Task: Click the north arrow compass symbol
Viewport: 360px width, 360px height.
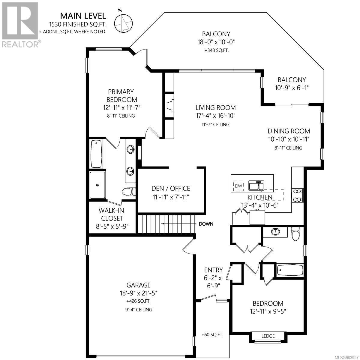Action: point(123,22)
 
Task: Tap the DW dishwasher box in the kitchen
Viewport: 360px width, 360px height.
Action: point(238,186)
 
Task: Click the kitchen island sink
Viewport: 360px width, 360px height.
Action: point(256,185)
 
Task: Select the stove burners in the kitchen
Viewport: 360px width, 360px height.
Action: point(297,195)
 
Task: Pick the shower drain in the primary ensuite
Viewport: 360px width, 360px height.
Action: point(97,185)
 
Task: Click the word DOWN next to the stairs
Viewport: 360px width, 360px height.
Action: point(206,224)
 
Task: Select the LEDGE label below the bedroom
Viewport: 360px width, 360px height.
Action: point(268,336)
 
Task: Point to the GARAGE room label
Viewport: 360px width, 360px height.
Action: point(138,285)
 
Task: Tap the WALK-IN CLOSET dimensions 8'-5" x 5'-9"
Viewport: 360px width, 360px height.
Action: point(112,226)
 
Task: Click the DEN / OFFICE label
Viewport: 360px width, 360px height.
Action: point(171,188)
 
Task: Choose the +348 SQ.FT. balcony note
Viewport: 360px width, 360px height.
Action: point(217,50)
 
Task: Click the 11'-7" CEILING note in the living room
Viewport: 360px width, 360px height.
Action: point(215,124)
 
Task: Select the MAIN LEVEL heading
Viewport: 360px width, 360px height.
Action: point(83,16)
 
